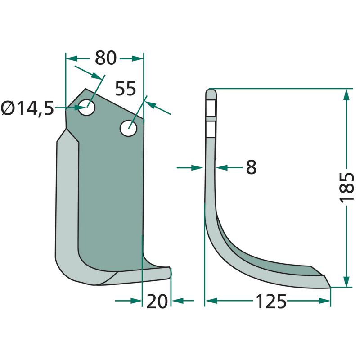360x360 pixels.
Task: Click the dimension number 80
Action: (x=106, y=58)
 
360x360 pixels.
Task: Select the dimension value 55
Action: (x=126, y=89)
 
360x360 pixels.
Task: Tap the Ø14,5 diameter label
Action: (x=27, y=108)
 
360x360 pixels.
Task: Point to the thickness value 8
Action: (x=251, y=167)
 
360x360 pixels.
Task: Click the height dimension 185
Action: (x=346, y=187)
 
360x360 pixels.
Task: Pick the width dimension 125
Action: (x=271, y=301)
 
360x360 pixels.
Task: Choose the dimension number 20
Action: (x=157, y=301)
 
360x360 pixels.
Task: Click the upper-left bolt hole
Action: (x=87, y=108)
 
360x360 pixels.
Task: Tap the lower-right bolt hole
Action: (x=129, y=128)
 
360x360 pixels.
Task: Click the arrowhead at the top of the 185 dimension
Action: (x=346, y=94)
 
